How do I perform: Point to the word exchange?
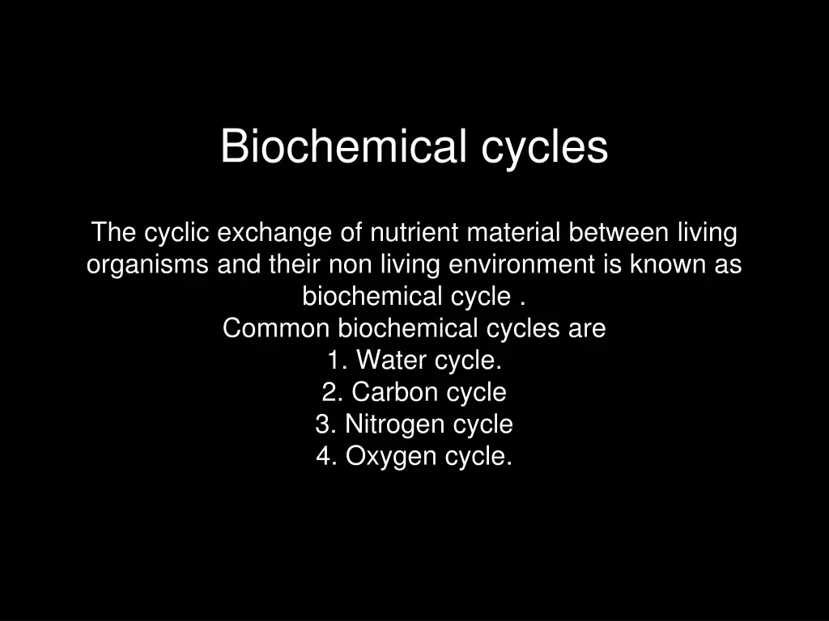[x=276, y=233]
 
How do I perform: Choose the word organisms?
[x=148, y=265]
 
